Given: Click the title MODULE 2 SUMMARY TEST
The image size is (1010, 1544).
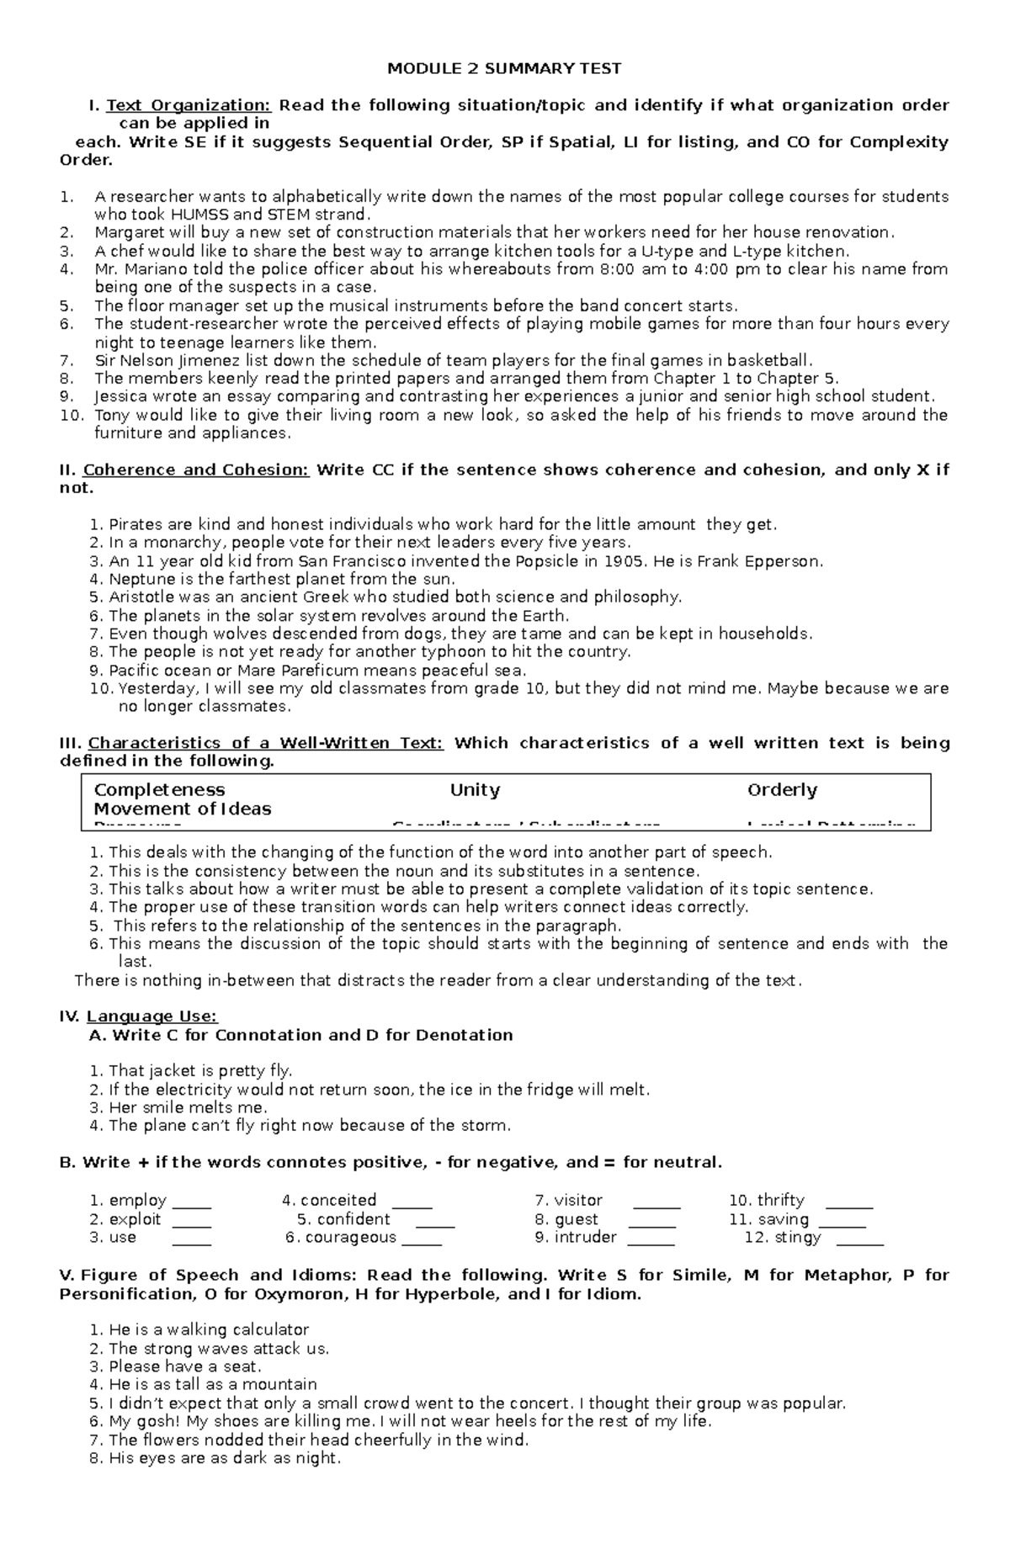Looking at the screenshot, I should click(x=504, y=68).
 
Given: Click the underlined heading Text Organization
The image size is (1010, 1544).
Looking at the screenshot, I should click(x=189, y=105).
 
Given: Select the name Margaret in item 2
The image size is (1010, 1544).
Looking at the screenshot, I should click(x=125, y=232).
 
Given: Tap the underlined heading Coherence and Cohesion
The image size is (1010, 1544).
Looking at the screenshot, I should click(x=196, y=470).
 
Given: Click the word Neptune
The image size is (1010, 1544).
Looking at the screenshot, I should click(x=138, y=580).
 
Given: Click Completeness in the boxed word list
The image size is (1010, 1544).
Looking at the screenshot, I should click(x=159, y=790).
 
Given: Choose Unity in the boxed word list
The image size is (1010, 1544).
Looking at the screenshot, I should click(x=475, y=790).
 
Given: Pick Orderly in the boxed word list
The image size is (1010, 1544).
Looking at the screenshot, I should click(x=782, y=790).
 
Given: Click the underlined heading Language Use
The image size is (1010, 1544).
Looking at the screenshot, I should click(x=151, y=1016).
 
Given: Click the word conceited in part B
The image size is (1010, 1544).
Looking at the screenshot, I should click(x=338, y=1201).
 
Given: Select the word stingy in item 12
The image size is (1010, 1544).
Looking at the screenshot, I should click(x=797, y=1238).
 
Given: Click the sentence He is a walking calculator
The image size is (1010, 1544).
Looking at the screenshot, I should click(x=209, y=1330).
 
